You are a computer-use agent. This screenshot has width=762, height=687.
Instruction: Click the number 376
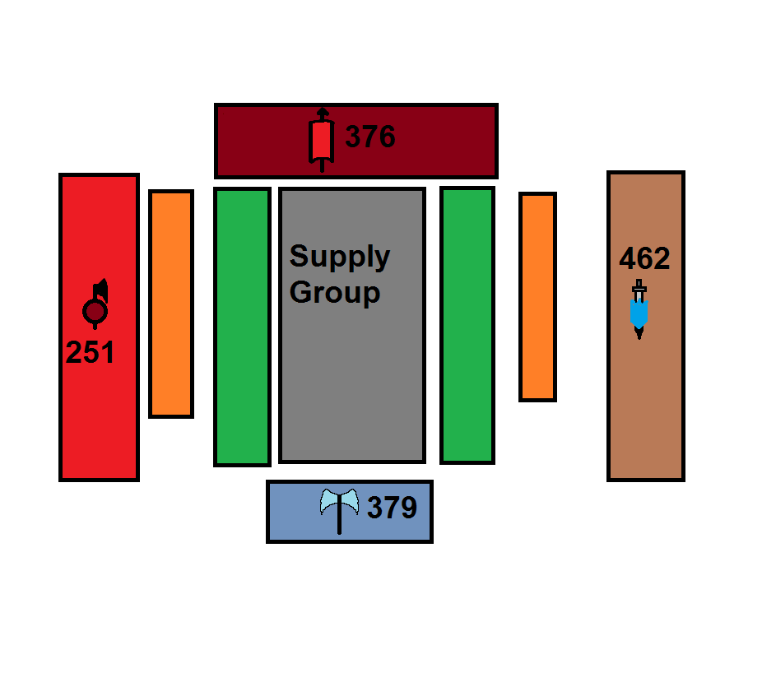pyautogui.click(x=369, y=137)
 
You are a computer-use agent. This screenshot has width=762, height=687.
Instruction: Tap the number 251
pyautogui.click(x=90, y=352)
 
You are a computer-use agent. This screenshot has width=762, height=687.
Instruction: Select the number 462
pyautogui.click(x=644, y=259)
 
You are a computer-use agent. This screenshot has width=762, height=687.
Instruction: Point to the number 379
pyautogui.click(x=392, y=508)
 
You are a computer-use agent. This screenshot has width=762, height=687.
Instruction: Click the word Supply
pyautogui.click(x=339, y=257)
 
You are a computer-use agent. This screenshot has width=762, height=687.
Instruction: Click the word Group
pyautogui.click(x=335, y=292)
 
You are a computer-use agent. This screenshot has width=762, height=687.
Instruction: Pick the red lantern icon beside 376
pyautogui.click(x=322, y=140)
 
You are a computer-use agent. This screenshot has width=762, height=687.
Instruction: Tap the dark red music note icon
pyautogui.click(x=96, y=306)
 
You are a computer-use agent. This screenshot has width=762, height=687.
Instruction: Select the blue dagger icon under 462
pyautogui.click(x=639, y=310)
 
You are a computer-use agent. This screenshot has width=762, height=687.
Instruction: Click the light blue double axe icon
pyautogui.click(x=339, y=503)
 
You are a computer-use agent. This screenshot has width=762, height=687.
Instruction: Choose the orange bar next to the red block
pyautogui.click(x=171, y=304)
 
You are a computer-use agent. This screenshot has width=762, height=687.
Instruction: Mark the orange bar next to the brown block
pyautogui.click(x=537, y=297)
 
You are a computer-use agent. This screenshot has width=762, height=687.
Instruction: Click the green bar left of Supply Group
pyautogui.click(x=242, y=327)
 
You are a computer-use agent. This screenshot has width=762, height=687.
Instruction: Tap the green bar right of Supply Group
pyautogui.click(x=467, y=325)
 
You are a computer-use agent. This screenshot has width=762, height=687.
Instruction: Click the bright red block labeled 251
pyautogui.click(x=99, y=411)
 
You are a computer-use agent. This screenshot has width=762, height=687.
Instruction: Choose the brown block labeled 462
pyautogui.click(x=646, y=395)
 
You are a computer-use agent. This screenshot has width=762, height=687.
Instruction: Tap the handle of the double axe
pyautogui.click(x=339, y=523)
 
